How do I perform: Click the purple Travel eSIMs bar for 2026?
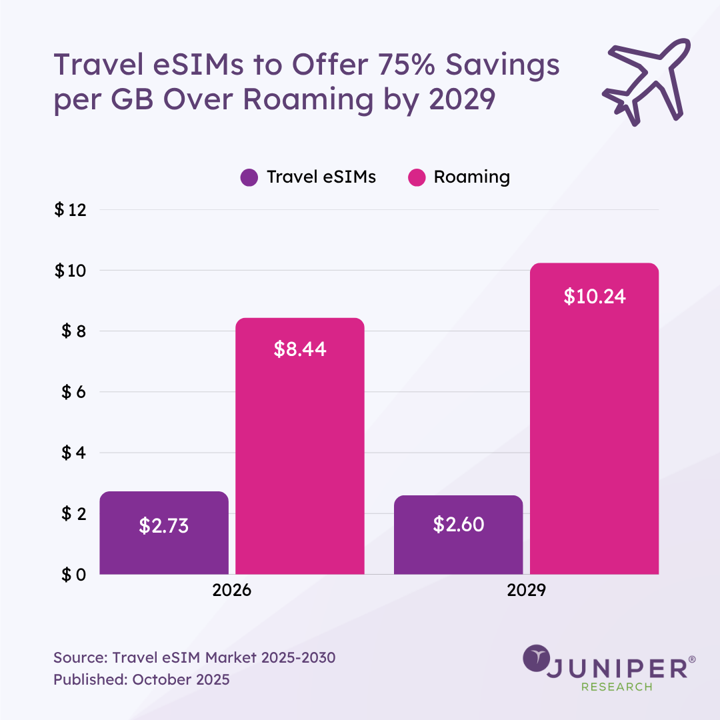tap(164, 533)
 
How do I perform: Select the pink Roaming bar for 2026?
tap(300, 446)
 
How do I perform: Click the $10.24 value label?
tap(595, 297)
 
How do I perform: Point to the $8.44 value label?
tap(300, 349)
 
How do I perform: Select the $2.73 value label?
tap(164, 525)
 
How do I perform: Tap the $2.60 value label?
tap(458, 524)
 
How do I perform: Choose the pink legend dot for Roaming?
tap(416, 178)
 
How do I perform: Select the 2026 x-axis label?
tap(232, 591)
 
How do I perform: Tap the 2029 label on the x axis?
tap(526, 591)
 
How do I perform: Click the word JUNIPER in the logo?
tap(620, 668)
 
